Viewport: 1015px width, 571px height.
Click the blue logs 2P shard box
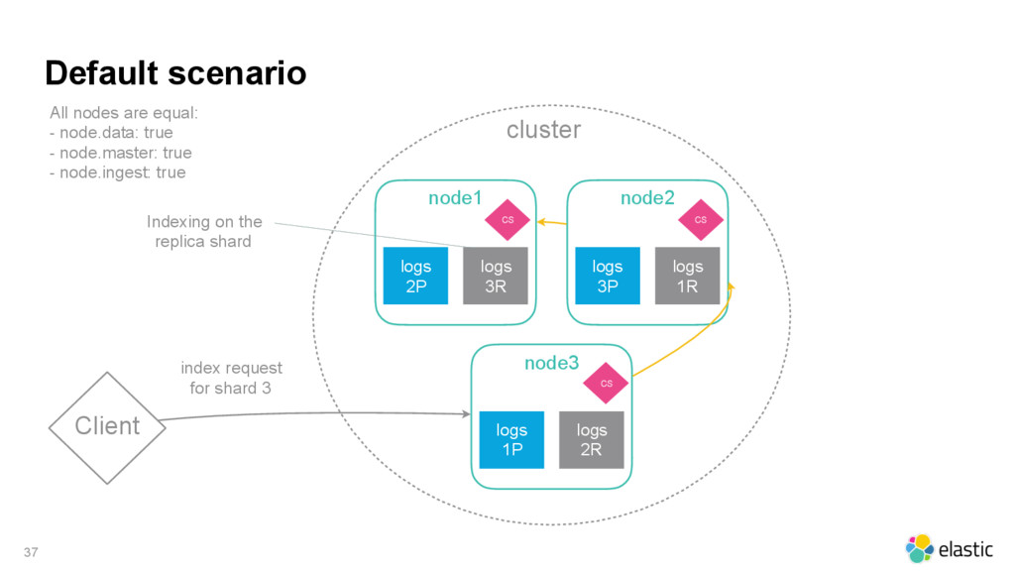click(415, 276)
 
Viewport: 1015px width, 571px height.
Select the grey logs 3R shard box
click(496, 276)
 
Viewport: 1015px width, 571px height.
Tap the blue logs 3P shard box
click(608, 276)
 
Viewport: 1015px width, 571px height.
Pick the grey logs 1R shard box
click(688, 276)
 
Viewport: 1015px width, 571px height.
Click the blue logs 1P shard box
click(511, 439)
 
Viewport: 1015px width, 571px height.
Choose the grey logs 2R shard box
click(592, 439)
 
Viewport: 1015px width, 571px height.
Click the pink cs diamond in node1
click(507, 220)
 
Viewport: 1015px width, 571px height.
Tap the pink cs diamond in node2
click(701, 220)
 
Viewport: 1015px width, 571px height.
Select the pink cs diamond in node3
click(606, 384)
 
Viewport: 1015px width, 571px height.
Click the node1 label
click(455, 198)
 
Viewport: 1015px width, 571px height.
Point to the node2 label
click(647, 198)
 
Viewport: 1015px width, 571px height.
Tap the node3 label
click(551, 363)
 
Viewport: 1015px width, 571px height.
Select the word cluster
click(544, 130)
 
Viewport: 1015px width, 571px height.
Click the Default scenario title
click(175, 72)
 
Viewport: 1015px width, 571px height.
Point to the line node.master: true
click(120, 153)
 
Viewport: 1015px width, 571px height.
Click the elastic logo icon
click(919, 548)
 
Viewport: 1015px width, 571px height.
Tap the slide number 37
click(31, 552)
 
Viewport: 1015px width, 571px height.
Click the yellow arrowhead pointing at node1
click(542, 222)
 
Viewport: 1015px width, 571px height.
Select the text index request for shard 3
click(231, 378)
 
